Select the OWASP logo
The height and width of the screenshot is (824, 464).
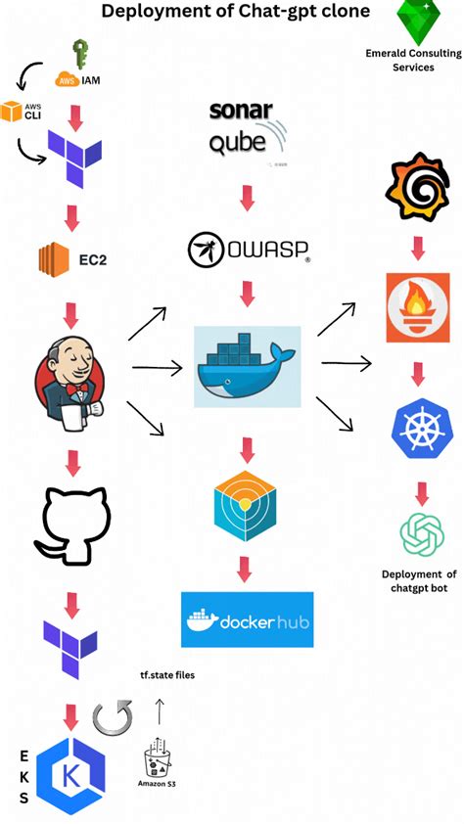point(249,249)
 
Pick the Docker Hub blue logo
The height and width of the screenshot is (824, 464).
point(248,619)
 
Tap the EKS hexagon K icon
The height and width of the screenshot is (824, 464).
point(70,776)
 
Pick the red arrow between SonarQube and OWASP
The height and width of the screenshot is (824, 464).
point(247,199)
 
